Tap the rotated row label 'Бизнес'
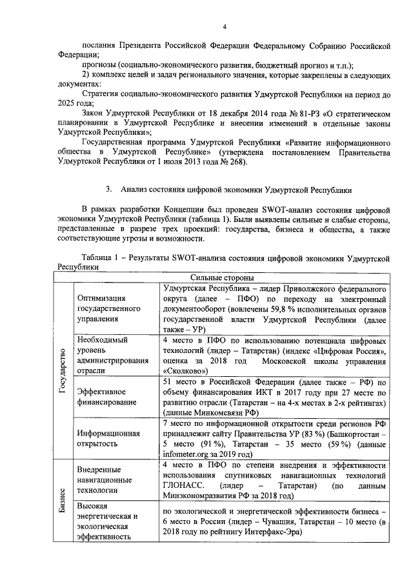[62, 501]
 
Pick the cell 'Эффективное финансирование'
[106, 396]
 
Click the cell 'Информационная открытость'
[108, 439]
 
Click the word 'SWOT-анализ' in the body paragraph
[285, 210]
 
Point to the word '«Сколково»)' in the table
[185, 371]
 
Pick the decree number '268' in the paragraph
[232, 161]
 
